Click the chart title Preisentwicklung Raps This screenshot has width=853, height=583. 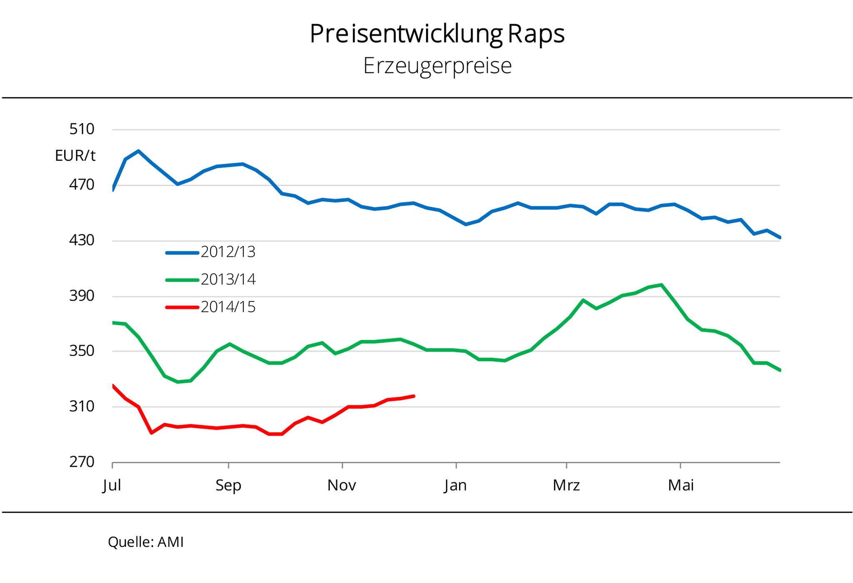pos(437,34)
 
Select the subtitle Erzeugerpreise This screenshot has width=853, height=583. pos(437,66)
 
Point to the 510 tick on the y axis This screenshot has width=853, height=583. pos(82,129)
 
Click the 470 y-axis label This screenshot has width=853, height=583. pos(82,184)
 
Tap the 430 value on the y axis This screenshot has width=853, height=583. pos(82,240)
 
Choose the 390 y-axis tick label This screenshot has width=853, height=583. pos(82,296)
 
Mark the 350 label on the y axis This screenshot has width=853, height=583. pos(82,351)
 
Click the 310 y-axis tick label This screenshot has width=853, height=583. pos(82,406)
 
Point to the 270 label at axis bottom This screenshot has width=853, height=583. pos(82,462)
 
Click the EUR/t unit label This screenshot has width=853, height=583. pos(75,156)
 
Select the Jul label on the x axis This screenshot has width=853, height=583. pos(112,485)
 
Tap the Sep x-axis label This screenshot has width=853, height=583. pos(228,485)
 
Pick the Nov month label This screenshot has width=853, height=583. pos(342,485)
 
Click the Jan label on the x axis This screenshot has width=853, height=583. pos(455,485)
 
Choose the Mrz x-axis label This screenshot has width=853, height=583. pos(566,485)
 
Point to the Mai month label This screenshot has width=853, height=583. pos(681,485)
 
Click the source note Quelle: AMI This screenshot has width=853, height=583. pos(146,542)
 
